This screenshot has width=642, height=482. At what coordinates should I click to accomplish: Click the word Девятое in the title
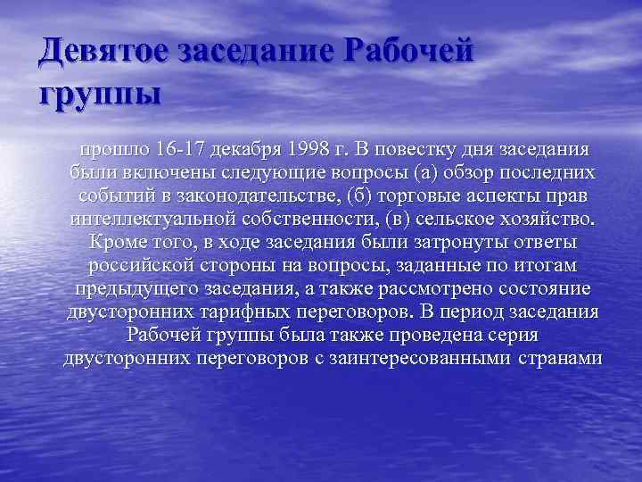[x=102, y=51]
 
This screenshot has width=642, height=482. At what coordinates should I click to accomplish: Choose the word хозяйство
[x=554, y=220]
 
